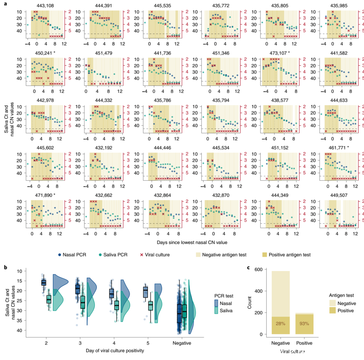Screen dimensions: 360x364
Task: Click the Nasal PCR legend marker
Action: pos(60,255)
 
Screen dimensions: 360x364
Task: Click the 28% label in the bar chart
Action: pos(280,324)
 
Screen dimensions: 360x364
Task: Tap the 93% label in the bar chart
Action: pos(304,324)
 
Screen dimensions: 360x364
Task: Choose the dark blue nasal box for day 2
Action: pos(43,282)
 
